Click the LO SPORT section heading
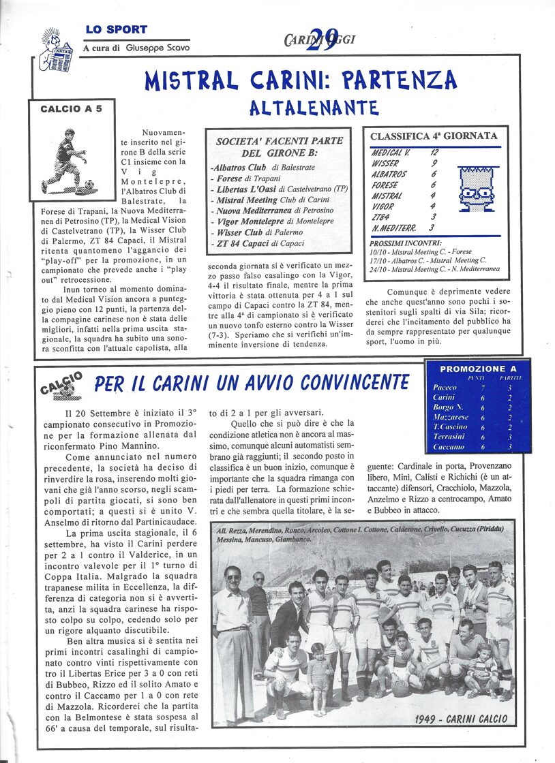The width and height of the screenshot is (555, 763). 117,30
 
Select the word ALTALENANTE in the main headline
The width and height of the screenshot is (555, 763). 314,108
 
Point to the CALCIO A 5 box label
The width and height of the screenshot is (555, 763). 71,109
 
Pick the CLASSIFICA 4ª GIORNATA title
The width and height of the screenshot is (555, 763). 434,136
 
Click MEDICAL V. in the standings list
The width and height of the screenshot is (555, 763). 391,153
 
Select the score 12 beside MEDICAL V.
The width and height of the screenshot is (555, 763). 434,153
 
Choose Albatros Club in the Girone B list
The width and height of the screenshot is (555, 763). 240,167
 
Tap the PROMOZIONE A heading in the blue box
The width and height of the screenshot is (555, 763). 478,369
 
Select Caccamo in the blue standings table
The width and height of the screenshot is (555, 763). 447,447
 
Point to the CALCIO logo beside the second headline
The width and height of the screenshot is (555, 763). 63,386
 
